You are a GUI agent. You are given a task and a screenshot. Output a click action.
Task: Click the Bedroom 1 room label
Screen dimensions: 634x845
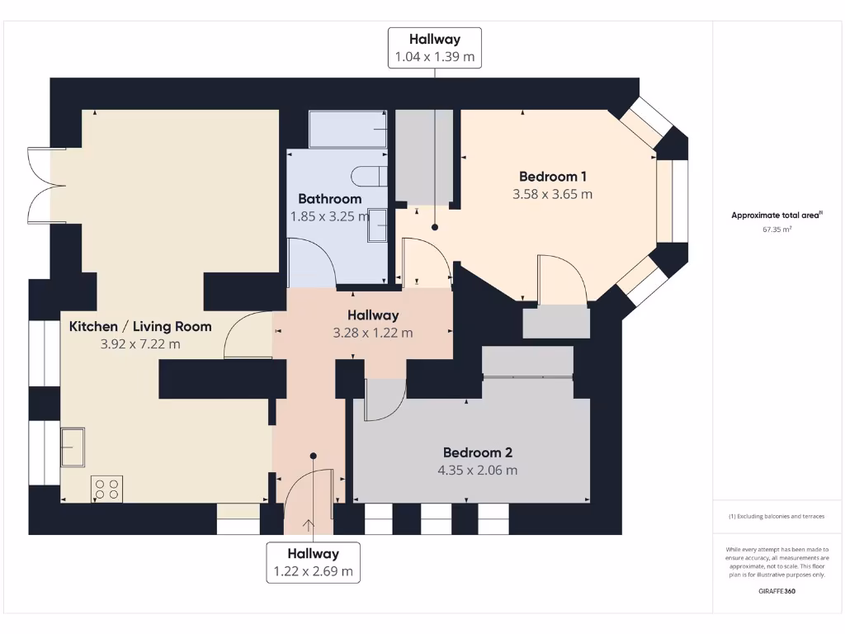tap(552, 176)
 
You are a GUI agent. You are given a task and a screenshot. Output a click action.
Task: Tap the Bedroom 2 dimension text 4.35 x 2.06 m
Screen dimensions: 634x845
tap(477, 471)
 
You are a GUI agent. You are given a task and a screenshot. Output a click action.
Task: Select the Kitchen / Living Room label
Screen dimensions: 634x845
tap(140, 326)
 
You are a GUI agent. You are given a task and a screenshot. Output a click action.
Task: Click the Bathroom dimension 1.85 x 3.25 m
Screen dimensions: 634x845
tap(329, 216)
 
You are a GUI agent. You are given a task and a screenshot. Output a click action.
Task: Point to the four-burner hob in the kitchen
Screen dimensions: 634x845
tap(106, 489)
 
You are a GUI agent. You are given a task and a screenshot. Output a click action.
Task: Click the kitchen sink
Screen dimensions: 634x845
tap(73, 446)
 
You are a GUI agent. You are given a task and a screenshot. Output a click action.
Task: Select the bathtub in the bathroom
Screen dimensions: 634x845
tap(347, 130)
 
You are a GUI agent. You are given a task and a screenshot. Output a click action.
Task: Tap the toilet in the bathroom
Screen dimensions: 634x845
tap(369, 176)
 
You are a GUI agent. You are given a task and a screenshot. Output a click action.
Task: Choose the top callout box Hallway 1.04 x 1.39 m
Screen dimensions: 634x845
tap(435, 48)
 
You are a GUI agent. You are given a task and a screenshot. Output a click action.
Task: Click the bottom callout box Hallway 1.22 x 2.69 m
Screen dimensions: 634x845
tap(313, 562)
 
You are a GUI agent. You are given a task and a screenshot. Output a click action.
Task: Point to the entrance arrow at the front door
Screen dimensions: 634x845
tap(309, 525)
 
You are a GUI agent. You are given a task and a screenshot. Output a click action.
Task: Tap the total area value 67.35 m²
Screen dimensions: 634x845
tap(777, 230)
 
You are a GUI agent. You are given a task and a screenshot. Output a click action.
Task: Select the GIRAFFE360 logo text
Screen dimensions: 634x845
tap(777, 591)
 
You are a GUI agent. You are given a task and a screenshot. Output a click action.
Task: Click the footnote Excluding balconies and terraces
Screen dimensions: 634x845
tap(777, 517)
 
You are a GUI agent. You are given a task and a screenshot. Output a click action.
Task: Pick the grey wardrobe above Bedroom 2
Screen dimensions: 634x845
tap(527, 362)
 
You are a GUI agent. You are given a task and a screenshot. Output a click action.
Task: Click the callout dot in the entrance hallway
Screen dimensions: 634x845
tap(313, 455)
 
